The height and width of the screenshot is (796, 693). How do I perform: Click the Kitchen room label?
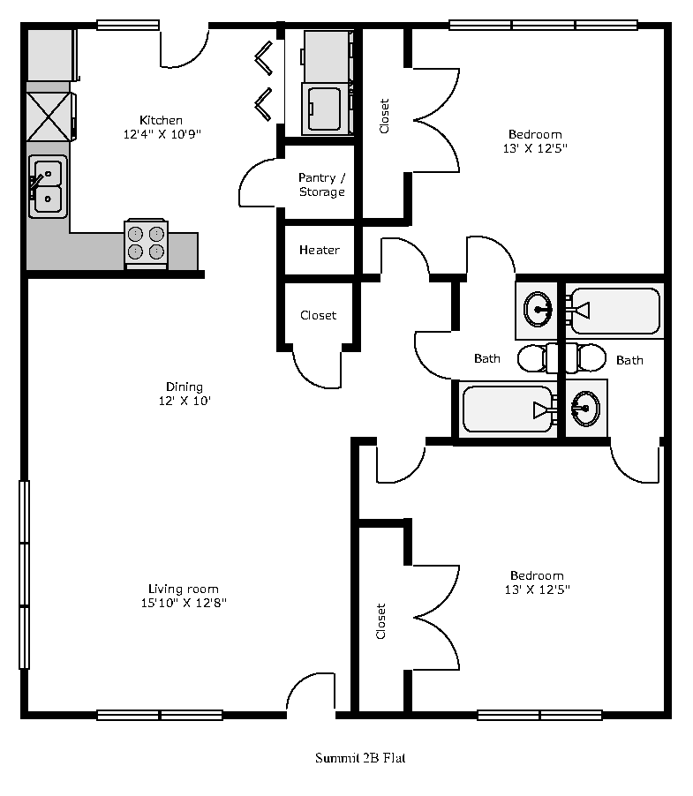pyautogui.click(x=161, y=120)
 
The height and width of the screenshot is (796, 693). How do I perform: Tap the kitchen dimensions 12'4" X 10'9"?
pyautogui.click(x=162, y=134)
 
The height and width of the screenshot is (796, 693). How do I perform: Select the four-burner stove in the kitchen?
pyautogui.click(x=147, y=243)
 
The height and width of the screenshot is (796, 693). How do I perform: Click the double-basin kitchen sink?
pyautogui.click(x=47, y=186)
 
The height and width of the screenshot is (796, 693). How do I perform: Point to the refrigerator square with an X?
pyautogui.click(x=49, y=116)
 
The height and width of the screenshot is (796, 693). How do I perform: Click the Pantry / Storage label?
pyautogui.click(x=322, y=184)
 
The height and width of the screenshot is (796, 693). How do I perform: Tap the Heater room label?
pyautogui.click(x=320, y=250)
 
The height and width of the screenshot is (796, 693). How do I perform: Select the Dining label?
pyautogui.click(x=185, y=387)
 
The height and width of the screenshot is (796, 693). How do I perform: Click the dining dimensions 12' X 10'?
pyautogui.click(x=185, y=401)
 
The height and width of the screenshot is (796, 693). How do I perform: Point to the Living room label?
pyautogui.click(x=184, y=589)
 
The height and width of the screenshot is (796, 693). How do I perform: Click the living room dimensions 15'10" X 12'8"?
pyautogui.click(x=184, y=603)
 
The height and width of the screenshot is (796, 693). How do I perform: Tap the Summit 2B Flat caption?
pyautogui.click(x=360, y=758)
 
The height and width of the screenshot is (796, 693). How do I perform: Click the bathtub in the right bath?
pyautogui.click(x=614, y=311)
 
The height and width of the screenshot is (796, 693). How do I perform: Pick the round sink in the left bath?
pyautogui.click(x=538, y=309)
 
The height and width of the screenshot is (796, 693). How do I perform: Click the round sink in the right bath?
pyautogui.click(x=585, y=409)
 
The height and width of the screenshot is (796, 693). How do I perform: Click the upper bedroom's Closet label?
pyautogui.click(x=384, y=116)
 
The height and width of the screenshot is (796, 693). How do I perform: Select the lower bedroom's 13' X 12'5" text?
pyautogui.click(x=537, y=589)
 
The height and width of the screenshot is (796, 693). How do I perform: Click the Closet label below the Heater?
pyautogui.click(x=319, y=315)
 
